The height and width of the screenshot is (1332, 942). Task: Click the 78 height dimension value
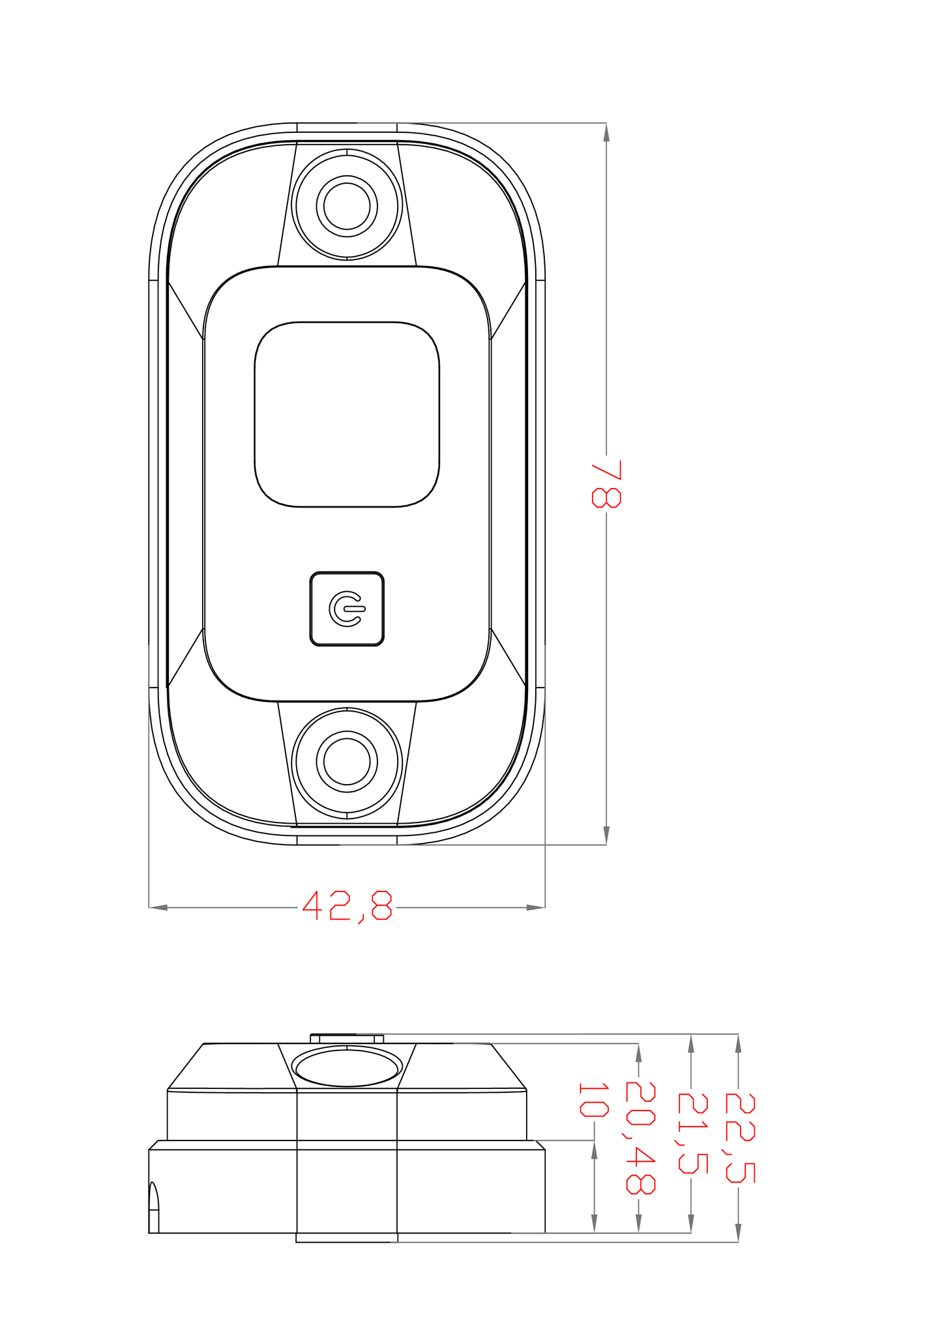click(606, 483)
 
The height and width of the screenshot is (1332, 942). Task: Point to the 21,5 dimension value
click(692, 1133)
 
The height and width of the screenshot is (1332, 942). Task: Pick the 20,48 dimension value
click(640, 1138)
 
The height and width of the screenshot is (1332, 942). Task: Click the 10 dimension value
click(593, 1100)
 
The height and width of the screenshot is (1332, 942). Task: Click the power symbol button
click(347, 609)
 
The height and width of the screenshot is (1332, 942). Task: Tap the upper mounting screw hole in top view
click(347, 205)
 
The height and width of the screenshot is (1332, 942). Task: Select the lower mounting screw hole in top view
click(347, 761)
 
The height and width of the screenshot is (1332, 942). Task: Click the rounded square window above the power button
click(347, 414)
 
